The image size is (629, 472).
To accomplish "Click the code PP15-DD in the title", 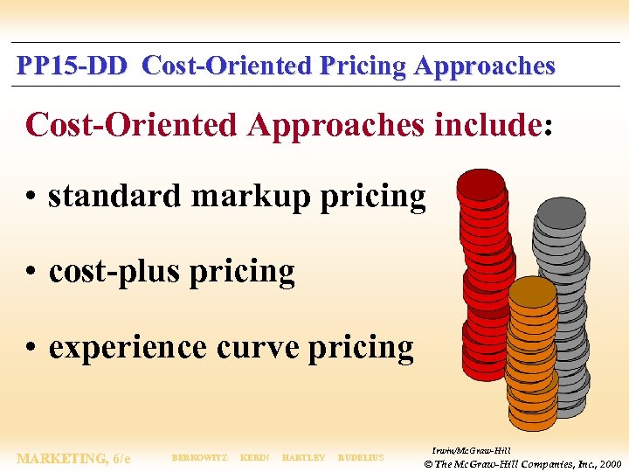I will click(73, 66).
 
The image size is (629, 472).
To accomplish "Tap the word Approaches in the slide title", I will click(485, 66).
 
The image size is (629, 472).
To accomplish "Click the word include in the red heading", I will click(488, 125).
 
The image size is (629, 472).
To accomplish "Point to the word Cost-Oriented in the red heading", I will click(131, 125).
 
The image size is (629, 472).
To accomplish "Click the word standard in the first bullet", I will click(116, 197).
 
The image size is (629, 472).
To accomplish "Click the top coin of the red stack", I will click(480, 183).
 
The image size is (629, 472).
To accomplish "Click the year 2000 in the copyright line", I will click(609, 463).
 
